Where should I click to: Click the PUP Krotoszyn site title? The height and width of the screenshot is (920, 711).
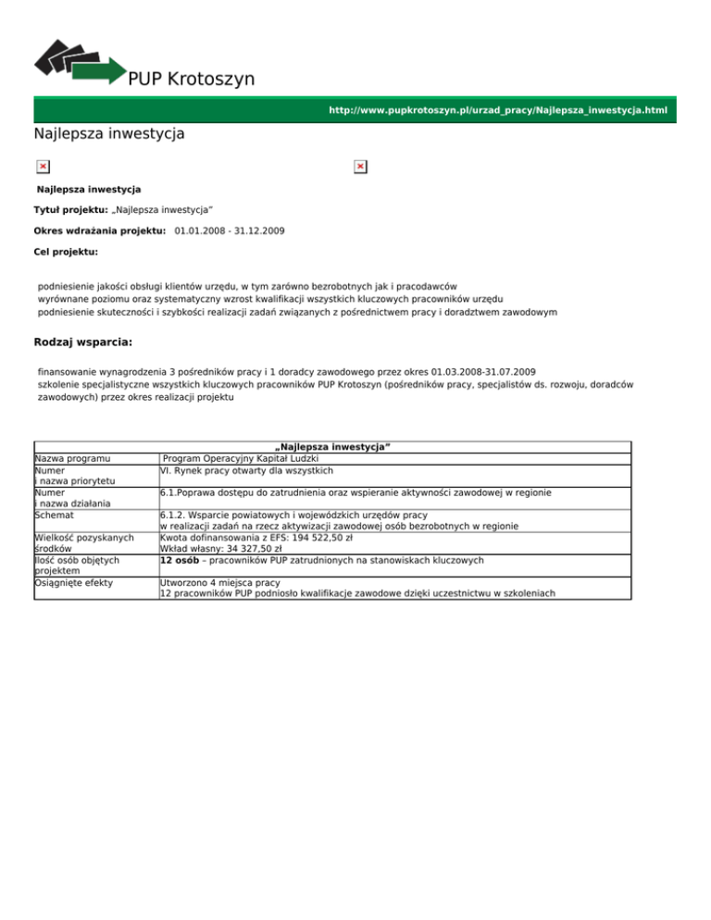tap(192, 80)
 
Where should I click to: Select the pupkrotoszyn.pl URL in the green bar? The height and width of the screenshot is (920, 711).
tap(498, 111)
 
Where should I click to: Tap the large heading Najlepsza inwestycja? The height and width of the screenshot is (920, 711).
tap(108, 134)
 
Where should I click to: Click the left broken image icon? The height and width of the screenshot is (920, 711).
tap(43, 167)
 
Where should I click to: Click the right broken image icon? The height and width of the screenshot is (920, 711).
tap(360, 167)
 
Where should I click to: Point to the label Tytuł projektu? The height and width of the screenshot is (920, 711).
tap(70, 210)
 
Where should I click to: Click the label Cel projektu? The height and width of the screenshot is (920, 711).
tap(66, 251)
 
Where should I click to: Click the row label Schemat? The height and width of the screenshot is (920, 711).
tap(55, 514)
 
